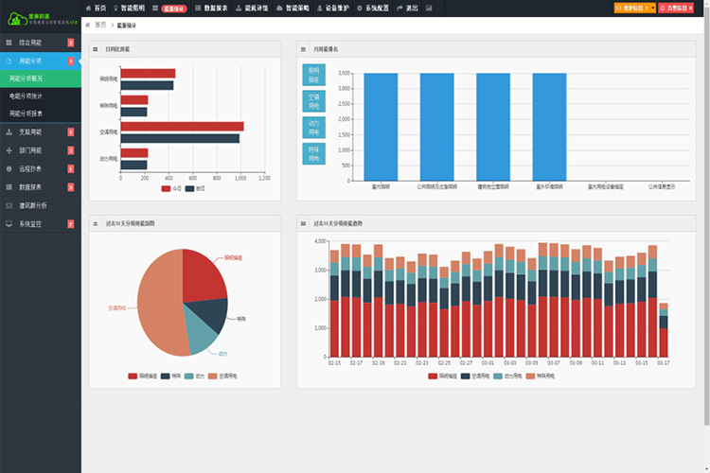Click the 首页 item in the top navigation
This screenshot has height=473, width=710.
(x=96, y=7)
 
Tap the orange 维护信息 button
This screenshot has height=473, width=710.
(x=630, y=7)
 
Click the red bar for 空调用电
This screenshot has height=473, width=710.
(x=182, y=126)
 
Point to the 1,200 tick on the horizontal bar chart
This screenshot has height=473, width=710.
(x=264, y=178)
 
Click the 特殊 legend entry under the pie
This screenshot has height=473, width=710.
(x=171, y=377)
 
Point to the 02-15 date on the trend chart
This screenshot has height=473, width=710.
(x=334, y=362)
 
